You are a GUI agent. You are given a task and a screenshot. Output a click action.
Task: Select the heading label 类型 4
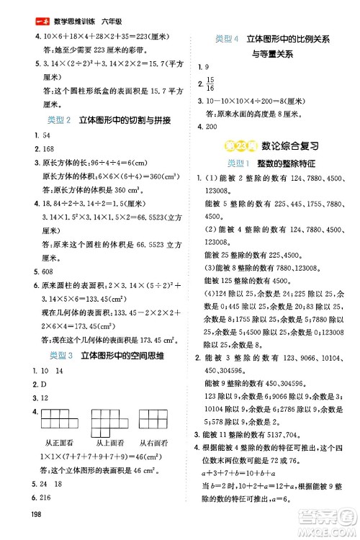[x=228, y=37]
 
